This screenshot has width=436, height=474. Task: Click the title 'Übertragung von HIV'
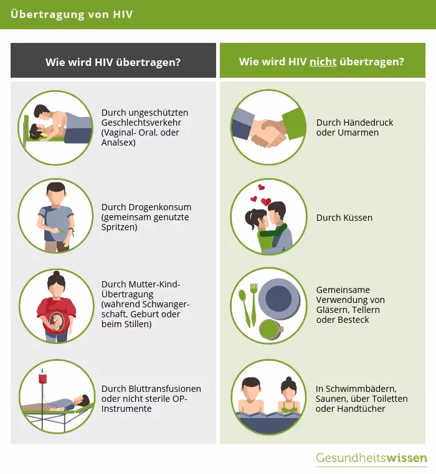(72, 14)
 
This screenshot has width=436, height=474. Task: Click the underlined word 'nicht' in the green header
(323, 62)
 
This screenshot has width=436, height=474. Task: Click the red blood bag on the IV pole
(42, 378)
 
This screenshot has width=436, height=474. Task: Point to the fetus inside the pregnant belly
(57, 322)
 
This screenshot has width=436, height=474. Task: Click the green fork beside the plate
(254, 305)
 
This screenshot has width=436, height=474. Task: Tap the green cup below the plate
(270, 330)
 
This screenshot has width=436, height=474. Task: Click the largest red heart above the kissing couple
(266, 202)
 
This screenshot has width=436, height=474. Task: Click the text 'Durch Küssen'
(344, 218)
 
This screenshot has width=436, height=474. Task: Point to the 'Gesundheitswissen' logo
(371, 458)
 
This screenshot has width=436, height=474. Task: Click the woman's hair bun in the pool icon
(289, 379)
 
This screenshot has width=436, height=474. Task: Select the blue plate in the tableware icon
(279, 299)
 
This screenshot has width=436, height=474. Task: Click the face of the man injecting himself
(56, 197)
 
